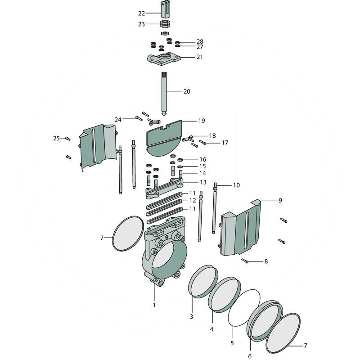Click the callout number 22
coord(141,13)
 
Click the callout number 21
coord(199,57)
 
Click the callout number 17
coord(225,143)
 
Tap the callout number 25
coord(56,138)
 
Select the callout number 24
coord(118,120)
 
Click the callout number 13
coord(203,182)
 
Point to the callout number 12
coord(192,200)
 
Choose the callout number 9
coord(280,200)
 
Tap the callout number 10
coord(236,185)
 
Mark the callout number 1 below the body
coord(154,305)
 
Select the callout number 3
coord(191,317)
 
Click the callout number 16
coord(202,159)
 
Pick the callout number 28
coord(200,41)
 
